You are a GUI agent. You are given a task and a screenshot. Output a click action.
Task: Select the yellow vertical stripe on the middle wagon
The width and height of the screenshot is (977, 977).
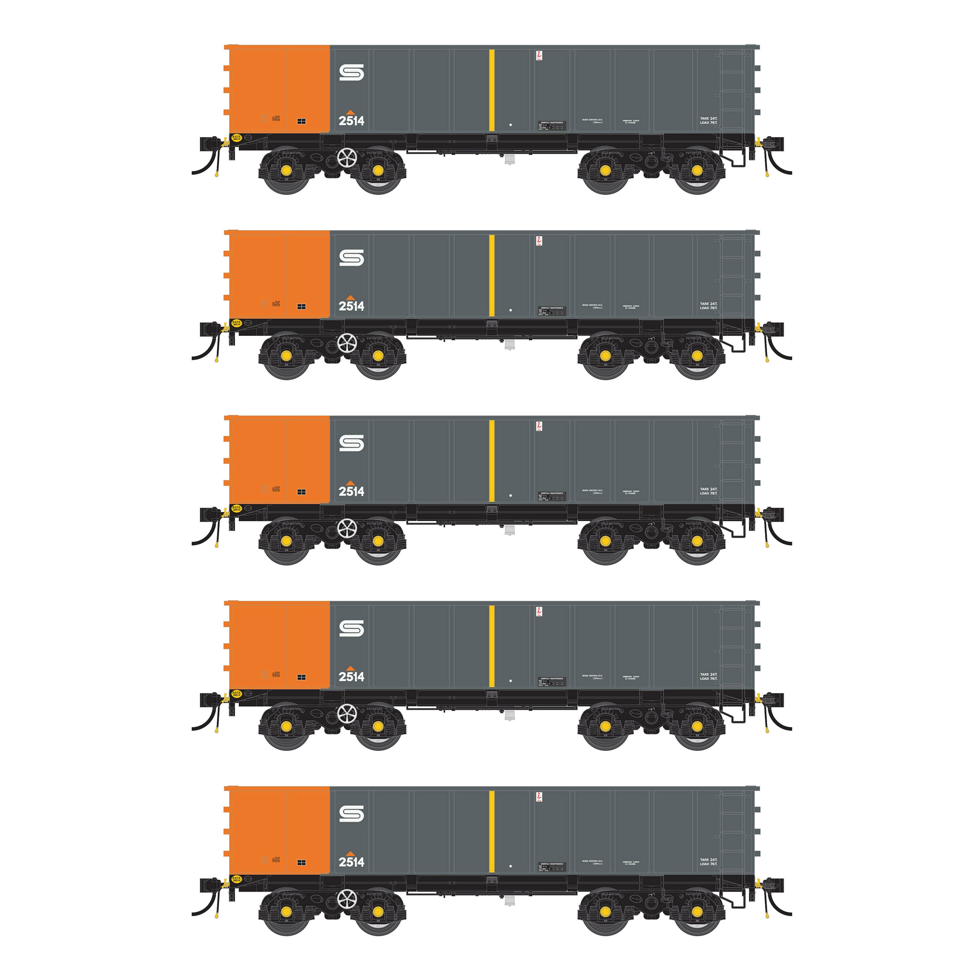point(491,461)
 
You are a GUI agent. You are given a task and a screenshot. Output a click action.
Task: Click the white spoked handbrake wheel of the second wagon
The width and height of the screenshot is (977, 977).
point(347,343)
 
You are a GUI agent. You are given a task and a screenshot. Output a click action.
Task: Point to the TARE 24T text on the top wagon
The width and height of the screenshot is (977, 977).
point(708,118)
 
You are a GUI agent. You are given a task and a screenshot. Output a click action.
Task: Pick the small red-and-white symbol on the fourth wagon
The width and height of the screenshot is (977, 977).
point(539,611)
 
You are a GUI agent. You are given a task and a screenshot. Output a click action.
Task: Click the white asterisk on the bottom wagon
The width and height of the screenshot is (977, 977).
point(511,866)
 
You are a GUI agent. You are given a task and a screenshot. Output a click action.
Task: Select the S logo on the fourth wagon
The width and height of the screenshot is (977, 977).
point(351,629)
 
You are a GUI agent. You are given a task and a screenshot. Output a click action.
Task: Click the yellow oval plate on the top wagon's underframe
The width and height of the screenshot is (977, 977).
point(236,137)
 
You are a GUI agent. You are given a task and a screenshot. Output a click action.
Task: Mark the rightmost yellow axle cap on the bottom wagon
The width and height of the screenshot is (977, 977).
point(697,912)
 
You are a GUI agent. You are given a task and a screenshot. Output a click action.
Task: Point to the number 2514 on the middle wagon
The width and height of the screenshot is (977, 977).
point(351,491)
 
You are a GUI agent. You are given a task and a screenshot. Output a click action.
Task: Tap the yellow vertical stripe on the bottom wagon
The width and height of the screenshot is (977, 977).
point(491,831)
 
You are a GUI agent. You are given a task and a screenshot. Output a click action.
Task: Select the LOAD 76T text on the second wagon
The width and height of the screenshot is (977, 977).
point(708,308)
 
